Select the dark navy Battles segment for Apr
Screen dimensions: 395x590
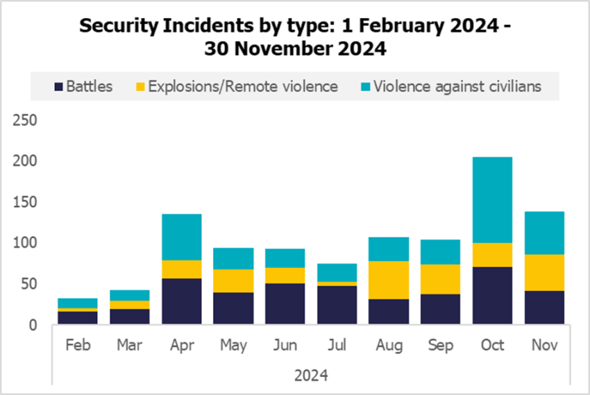click(181, 301)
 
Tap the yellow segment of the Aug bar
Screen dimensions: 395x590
click(389, 280)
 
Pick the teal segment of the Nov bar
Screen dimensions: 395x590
click(544, 233)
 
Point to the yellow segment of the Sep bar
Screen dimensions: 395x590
click(441, 279)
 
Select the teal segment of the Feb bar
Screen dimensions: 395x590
click(78, 303)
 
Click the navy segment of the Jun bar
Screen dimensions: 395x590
click(285, 304)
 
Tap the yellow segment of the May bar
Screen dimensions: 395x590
click(233, 281)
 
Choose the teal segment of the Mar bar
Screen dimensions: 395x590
click(129, 296)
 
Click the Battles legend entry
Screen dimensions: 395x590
click(83, 87)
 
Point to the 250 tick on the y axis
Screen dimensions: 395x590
click(26, 121)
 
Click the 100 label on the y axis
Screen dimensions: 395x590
click(26, 243)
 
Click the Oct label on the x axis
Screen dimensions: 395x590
click(492, 345)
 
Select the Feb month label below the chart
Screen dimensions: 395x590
click(78, 345)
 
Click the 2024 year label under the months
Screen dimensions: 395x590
click(311, 376)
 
